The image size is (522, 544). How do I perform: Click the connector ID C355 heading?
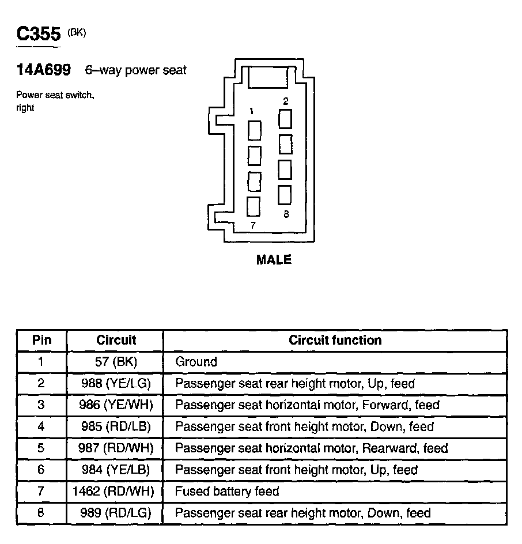[x=39, y=33]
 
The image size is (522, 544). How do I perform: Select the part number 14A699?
[x=44, y=70]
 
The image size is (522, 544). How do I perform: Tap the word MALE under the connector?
[x=274, y=260]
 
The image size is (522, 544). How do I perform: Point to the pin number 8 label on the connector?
[x=286, y=214]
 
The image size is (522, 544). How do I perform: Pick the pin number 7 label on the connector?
[x=252, y=225]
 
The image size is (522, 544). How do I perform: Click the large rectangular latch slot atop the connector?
[x=268, y=77]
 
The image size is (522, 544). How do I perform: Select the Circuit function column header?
[x=335, y=340]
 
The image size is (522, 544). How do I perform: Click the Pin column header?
[x=41, y=340]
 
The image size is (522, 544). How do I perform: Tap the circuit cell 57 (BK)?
[x=116, y=362]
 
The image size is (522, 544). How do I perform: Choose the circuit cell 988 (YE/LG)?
[x=116, y=383]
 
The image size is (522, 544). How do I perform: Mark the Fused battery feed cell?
[x=227, y=491]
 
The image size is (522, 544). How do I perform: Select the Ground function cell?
[x=196, y=362]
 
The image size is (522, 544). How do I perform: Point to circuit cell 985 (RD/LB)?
[x=116, y=426]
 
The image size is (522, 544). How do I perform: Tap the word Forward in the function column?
[x=383, y=405]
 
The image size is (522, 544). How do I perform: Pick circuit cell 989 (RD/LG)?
[x=116, y=512]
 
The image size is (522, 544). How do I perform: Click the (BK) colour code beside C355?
[x=77, y=33]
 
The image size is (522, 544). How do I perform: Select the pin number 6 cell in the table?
[x=41, y=470]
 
